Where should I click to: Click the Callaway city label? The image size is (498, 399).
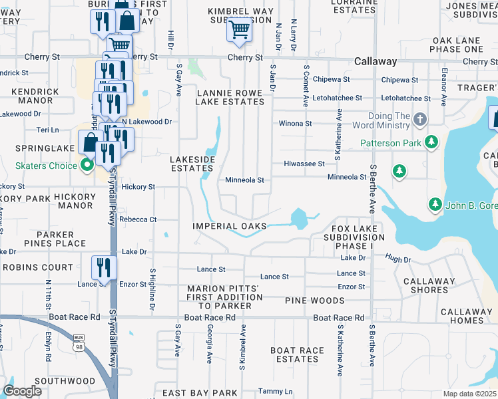(x=375, y=61)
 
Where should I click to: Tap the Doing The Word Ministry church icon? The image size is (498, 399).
(x=419, y=120)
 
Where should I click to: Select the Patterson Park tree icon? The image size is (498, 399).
(x=432, y=142)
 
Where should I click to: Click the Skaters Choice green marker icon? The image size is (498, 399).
(x=87, y=165)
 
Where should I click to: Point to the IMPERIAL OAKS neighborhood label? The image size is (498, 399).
(x=230, y=226)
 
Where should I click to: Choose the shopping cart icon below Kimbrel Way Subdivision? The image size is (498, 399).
(x=239, y=29)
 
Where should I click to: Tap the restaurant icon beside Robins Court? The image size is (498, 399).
(x=103, y=267)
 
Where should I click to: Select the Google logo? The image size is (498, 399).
(x=22, y=391)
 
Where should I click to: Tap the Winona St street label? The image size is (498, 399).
(x=295, y=124)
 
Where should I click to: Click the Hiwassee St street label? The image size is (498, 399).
(x=304, y=164)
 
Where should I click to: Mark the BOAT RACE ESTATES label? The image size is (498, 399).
(x=297, y=354)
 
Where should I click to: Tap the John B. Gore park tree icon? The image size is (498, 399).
(x=435, y=203)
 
